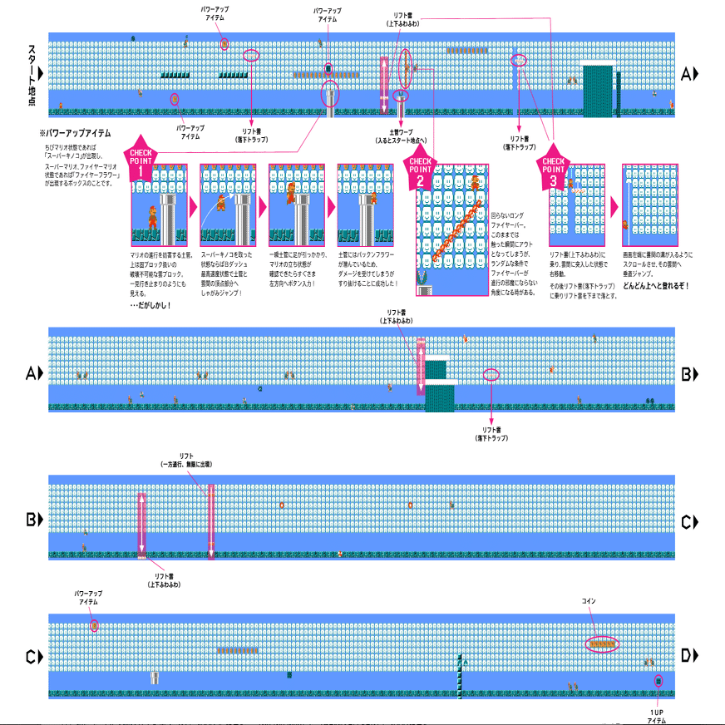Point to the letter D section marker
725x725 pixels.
(689, 657)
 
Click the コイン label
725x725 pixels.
(589, 600)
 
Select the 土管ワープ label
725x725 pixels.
(402, 136)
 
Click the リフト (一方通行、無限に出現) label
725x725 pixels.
(186, 460)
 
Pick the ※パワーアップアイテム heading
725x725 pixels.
(75, 133)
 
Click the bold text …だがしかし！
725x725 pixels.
(150, 306)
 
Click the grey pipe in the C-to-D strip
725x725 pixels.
(155, 678)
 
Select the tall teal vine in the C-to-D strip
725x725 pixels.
(459, 673)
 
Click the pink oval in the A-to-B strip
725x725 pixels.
(492, 374)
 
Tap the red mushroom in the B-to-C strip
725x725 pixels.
(340, 553)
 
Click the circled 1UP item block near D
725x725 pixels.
(658, 680)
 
